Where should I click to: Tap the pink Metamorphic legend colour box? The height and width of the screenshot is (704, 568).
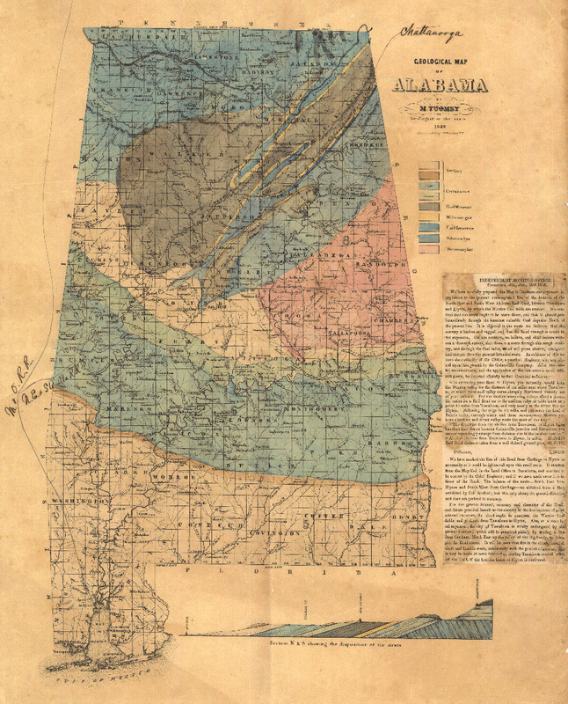point(430,249)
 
